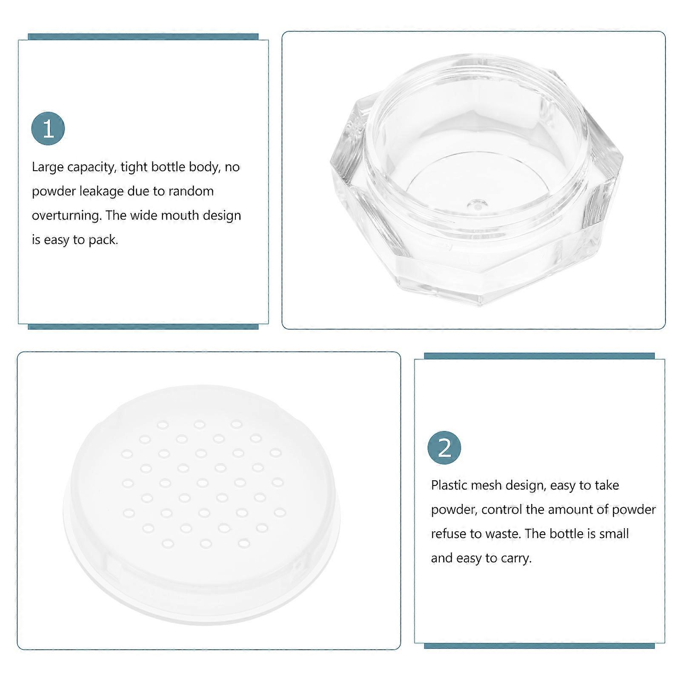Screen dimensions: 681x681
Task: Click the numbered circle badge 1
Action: coord(48,129)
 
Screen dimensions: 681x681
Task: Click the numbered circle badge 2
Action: coord(444,448)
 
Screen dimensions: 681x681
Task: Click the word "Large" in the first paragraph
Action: coord(48,167)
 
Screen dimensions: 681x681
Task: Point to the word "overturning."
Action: coord(67,216)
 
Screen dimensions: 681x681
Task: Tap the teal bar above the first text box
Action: coord(143,37)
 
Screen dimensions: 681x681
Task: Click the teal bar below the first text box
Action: coord(143,327)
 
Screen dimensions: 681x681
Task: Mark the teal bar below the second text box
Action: coord(539,646)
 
